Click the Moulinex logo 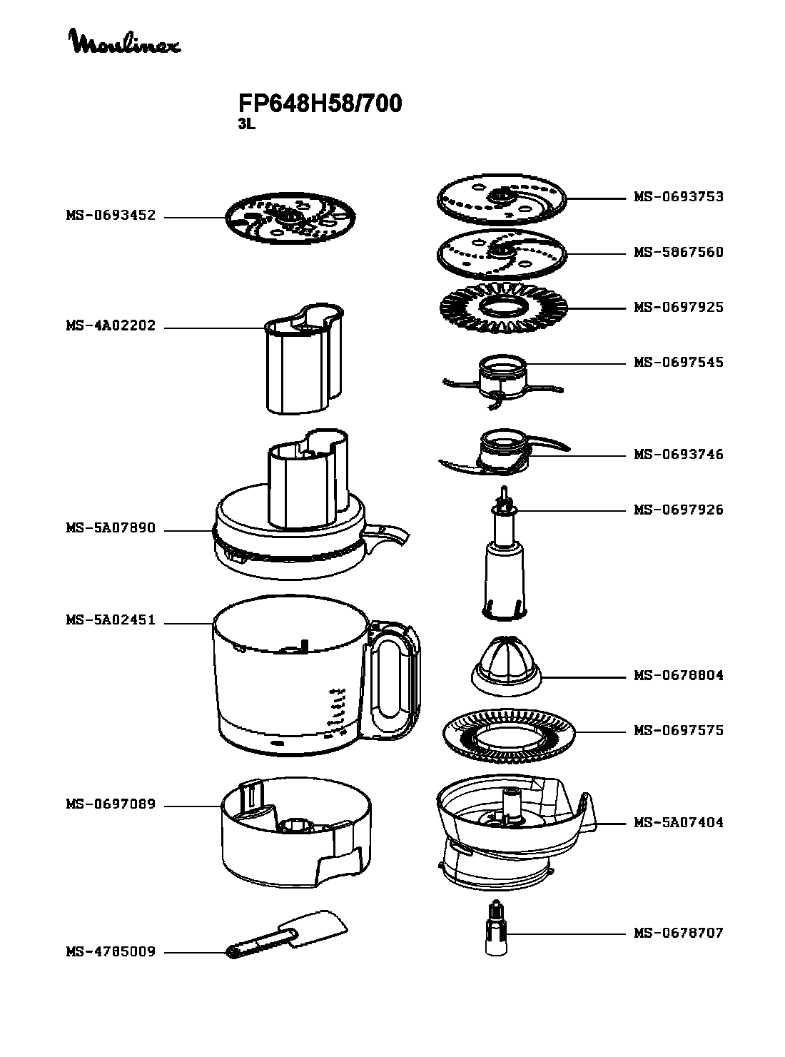point(126,41)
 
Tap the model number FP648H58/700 point(320,103)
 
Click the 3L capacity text point(246,125)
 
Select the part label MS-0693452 point(111,215)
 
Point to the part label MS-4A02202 point(111,325)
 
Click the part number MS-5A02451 point(111,619)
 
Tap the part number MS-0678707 point(678,933)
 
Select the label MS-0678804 point(678,675)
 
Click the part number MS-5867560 point(678,252)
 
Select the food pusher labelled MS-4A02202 point(303,358)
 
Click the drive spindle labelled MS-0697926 point(505,554)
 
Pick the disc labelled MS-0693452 point(290,218)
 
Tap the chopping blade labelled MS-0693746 point(505,452)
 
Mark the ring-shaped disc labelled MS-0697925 point(504,308)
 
